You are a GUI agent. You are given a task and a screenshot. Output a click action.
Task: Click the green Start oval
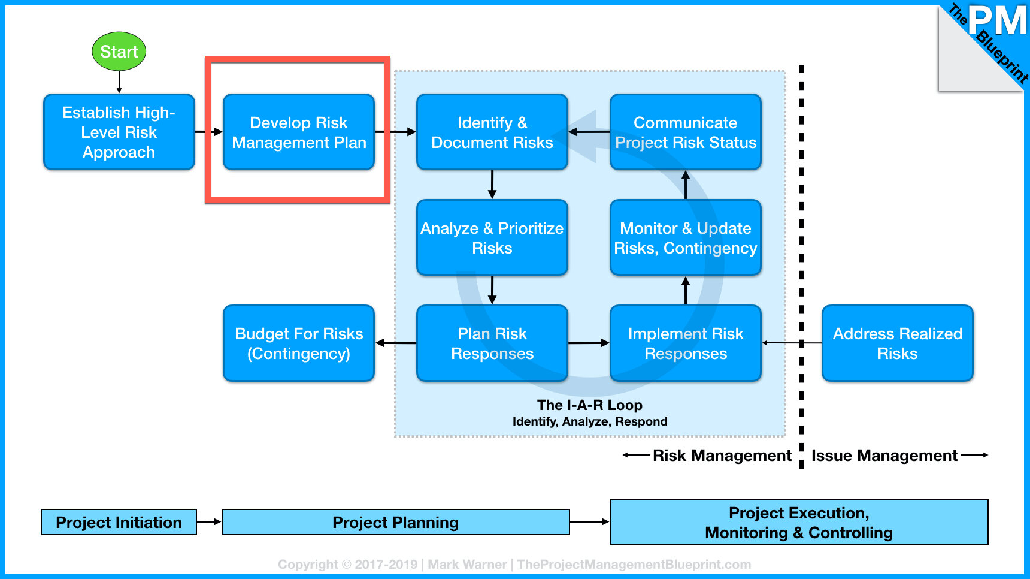(x=119, y=52)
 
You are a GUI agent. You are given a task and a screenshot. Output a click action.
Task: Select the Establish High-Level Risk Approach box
(x=119, y=132)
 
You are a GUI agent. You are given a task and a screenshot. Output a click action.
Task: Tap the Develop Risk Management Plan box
(x=299, y=132)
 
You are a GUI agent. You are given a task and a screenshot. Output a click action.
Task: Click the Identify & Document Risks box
(x=492, y=132)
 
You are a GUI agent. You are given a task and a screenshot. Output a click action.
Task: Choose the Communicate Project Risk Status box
(x=686, y=132)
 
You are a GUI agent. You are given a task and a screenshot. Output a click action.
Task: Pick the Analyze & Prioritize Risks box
(x=492, y=237)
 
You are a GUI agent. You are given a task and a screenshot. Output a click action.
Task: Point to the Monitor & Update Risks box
(x=686, y=237)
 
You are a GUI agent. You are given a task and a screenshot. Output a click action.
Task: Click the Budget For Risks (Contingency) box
(x=299, y=343)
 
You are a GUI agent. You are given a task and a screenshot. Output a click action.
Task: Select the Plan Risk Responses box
(x=492, y=343)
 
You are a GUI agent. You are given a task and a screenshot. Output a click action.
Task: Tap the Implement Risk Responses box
(x=686, y=343)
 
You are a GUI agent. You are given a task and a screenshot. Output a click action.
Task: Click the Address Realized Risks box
(x=898, y=343)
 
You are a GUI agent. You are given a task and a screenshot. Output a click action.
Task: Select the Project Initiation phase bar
(x=119, y=522)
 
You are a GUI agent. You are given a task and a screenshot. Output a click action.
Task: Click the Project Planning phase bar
(x=396, y=522)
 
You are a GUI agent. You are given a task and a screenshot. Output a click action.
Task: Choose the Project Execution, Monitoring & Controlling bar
(x=799, y=522)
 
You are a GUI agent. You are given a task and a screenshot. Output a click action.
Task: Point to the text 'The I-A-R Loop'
(x=590, y=405)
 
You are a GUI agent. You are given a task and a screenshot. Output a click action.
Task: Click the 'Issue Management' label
(x=884, y=456)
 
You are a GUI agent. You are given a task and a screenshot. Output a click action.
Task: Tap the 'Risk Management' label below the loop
(x=722, y=456)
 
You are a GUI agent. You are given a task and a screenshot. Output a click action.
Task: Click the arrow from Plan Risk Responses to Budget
(x=396, y=343)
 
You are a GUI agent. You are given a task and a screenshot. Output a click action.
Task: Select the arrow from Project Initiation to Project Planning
(x=209, y=522)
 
